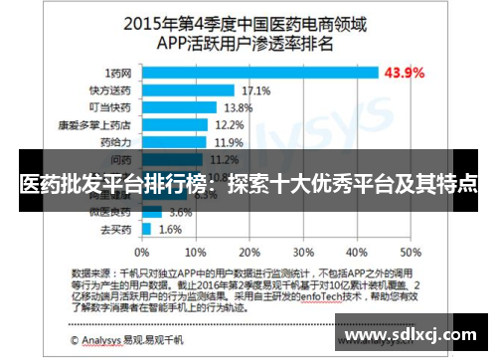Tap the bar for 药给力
coord(174,142)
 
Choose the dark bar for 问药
coord(172,159)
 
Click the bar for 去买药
coord(146,229)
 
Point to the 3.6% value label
coord(180,212)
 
